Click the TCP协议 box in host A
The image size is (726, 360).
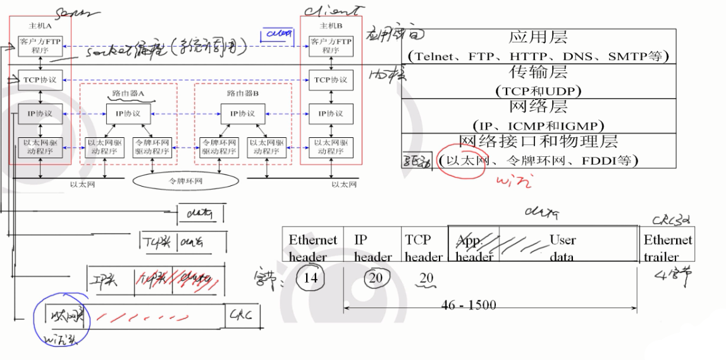point(40,80)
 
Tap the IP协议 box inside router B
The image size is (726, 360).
point(237,113)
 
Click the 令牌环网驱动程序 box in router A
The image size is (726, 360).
point(152,147)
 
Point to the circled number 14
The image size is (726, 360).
point(310,278)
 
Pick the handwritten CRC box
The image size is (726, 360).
point(242,314)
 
